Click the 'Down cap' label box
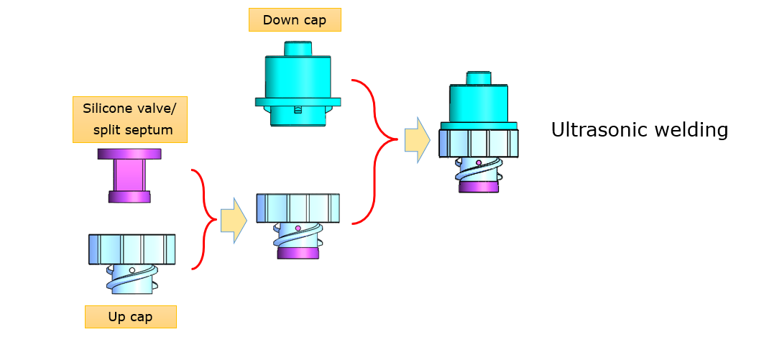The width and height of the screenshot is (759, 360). (294, 20)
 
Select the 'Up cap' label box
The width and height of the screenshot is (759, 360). (130, 317)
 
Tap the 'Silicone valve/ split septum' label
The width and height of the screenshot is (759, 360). (130, 119)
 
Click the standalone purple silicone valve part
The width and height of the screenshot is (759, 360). (129, 175)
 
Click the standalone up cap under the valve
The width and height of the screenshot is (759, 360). (132, 262)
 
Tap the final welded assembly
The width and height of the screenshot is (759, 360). (478, 133)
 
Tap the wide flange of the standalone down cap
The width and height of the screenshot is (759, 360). (298, 102)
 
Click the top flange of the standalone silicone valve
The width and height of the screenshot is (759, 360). (129, 154)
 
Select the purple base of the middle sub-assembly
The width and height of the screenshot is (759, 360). (298, 253)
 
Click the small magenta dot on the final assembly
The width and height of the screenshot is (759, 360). (478, 162)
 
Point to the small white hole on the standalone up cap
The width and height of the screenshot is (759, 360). (132, 269)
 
